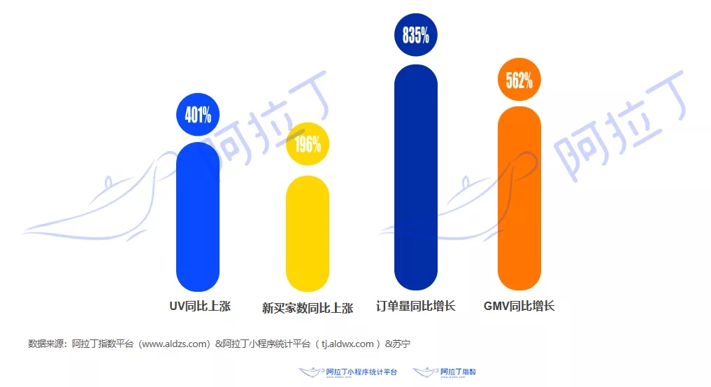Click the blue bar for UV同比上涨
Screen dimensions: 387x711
click(198, 217)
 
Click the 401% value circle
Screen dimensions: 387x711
click(198, 114)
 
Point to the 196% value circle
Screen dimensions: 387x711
click(308, 144)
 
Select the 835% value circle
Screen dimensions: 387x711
click(416, 34)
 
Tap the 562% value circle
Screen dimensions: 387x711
click(519, 80)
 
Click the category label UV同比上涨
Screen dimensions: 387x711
click(200, 307)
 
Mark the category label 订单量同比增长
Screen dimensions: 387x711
click(416, 307)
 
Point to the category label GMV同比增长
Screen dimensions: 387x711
click(519, 307)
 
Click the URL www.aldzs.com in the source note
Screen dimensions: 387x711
click(175, 344)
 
